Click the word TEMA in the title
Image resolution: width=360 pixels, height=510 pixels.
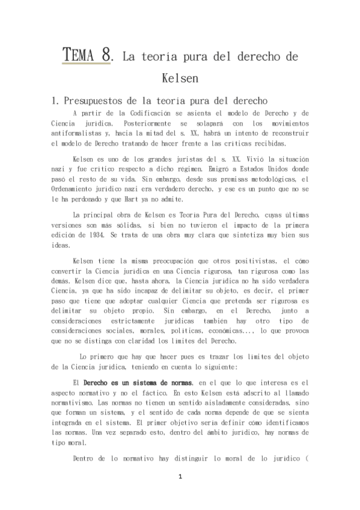[80, 55]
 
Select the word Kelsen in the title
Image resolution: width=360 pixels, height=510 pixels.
[180, 79]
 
